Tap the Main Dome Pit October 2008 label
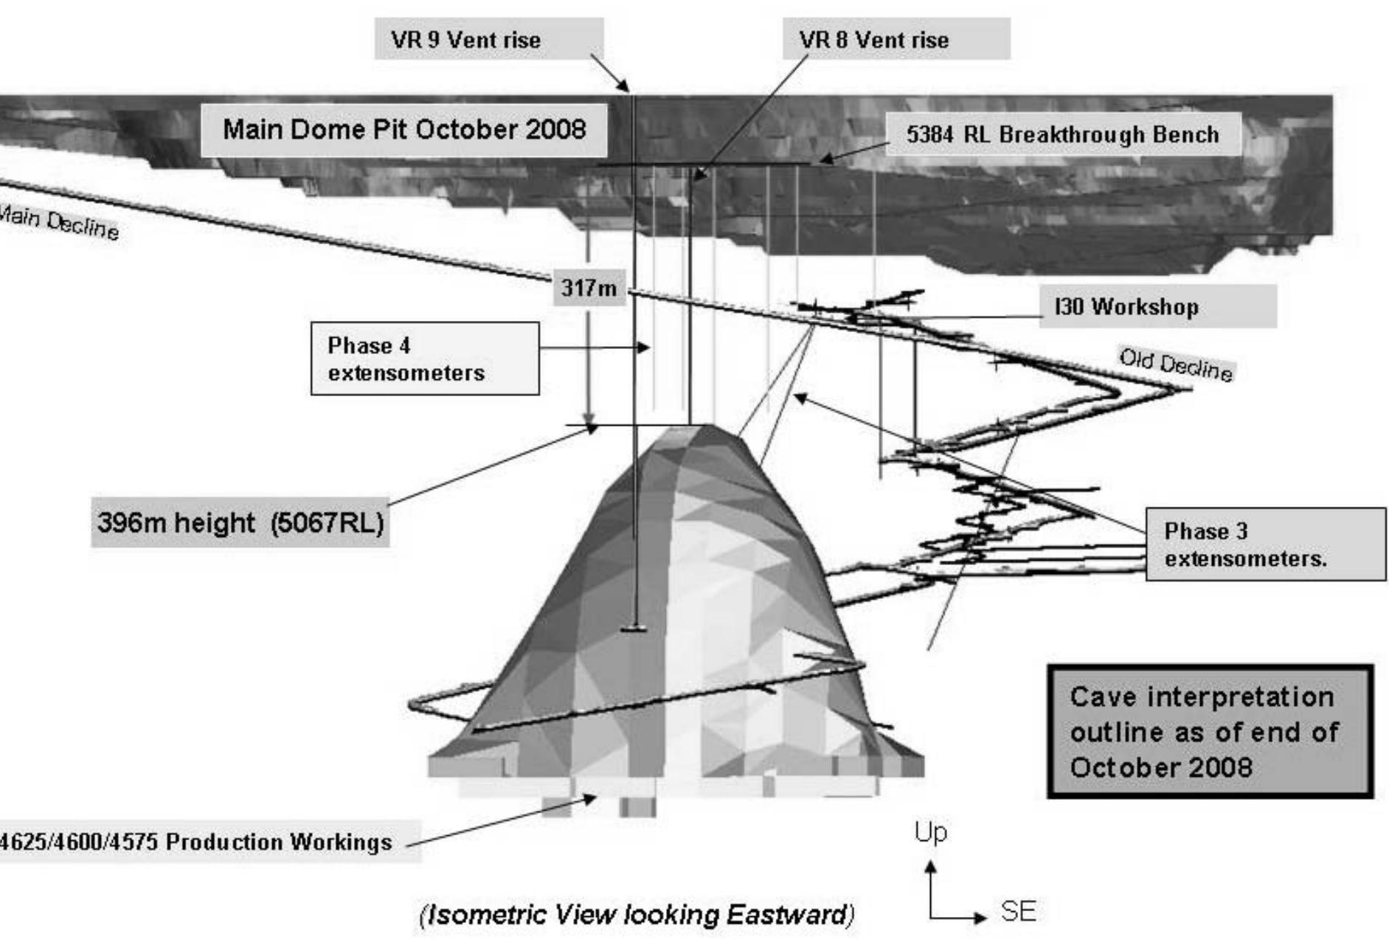point(404,130)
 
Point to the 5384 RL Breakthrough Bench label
point(1062,134)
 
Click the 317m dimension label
point(589,288)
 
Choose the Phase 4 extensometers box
point(425,359)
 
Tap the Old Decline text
point(1176,364)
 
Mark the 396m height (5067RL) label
point(240,522)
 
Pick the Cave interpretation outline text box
point(1210,732)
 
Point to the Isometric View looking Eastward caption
point(637,915)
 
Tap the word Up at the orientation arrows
point(931,832)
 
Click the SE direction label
point(1018,912)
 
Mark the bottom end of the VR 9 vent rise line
point(634,629)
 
